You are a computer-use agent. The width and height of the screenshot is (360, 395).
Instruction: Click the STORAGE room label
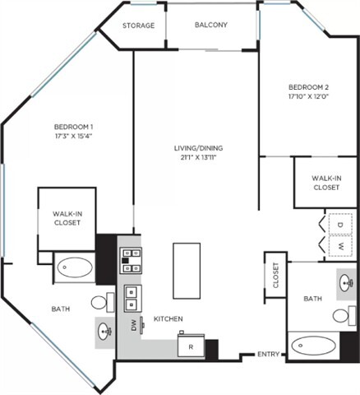[138, 26]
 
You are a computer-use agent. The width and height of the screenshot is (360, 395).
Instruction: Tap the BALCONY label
[211, 26]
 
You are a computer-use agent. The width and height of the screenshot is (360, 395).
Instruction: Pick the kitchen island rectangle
[188, 271]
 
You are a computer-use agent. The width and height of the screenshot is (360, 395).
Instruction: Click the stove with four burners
[130, 259]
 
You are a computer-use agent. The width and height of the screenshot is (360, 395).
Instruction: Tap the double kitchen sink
[131, 297]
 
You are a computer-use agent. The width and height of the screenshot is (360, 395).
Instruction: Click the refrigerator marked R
[191, 346]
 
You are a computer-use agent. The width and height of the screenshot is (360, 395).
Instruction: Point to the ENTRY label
[268, 354]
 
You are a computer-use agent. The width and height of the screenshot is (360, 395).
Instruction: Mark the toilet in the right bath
[344, 314]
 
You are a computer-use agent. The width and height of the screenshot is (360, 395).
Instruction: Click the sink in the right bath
[346, 282]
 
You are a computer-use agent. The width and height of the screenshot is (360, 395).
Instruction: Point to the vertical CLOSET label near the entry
[275, 276]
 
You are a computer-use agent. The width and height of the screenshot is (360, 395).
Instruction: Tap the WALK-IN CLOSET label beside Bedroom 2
[326, 182]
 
